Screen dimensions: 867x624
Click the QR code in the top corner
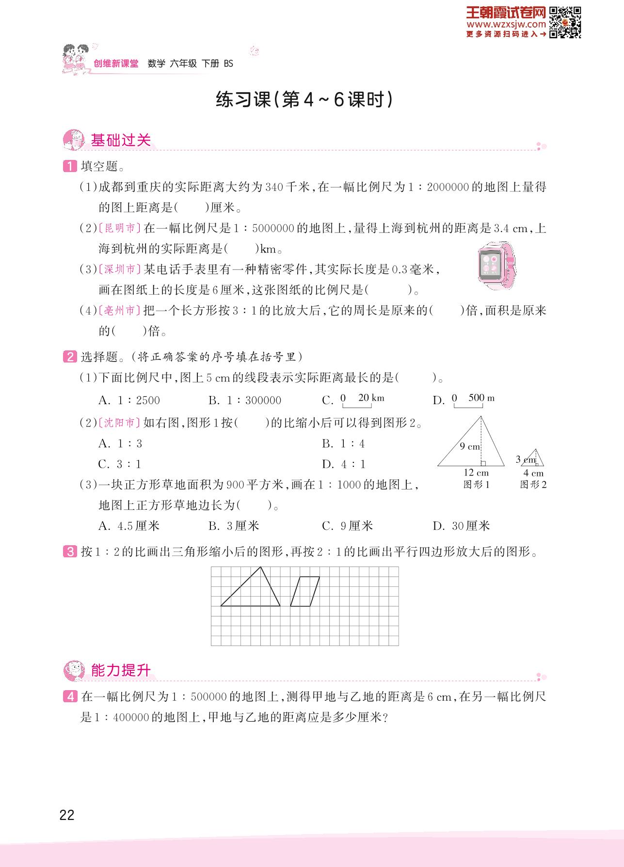tap(565, 22)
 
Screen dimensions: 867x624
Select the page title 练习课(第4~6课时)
tap(304, 100)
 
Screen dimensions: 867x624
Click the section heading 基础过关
tap(121, 141)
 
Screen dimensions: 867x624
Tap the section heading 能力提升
tap(121, 671)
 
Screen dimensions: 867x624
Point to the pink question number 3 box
tap(70, 552)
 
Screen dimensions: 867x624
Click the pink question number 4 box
tap(70, 697)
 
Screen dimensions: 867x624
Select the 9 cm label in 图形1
tap(469, 446)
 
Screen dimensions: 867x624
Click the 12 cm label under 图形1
tap(476, 473)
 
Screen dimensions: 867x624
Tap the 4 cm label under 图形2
tap(533, 473)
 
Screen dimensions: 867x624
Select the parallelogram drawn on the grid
tap(305, 591)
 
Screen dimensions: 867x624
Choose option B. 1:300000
tap(245, 400)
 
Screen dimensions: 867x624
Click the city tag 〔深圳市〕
tap(120, 269)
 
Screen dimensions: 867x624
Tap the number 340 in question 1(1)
tap(274, 187)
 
